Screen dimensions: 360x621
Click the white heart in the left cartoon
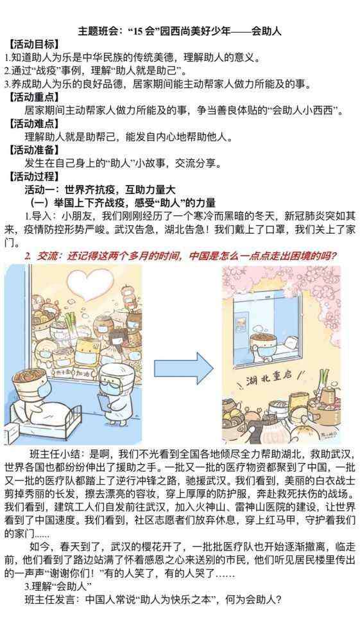point(88,285)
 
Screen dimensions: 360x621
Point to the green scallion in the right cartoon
point(325,380)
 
